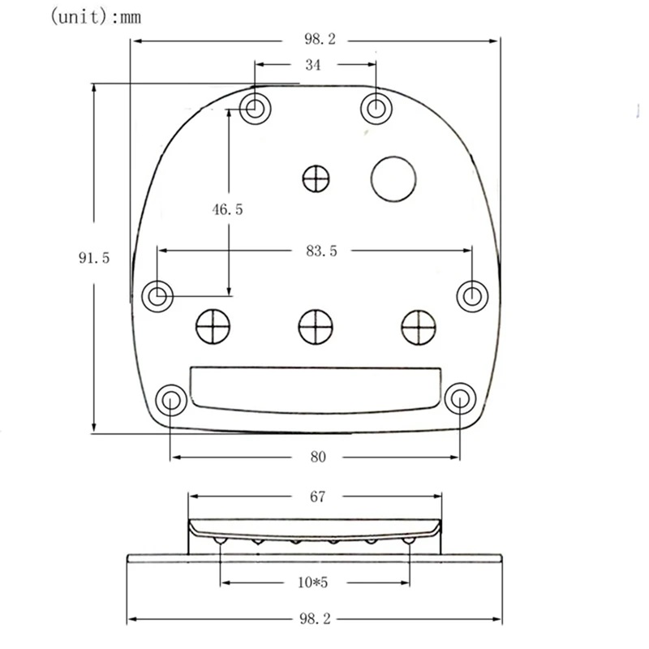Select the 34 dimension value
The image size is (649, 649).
[312, 65]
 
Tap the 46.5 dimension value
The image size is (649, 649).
[227, 209]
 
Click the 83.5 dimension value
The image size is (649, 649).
[321, 251]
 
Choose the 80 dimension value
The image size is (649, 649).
[317, 458]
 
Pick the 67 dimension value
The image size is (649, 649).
[316, 496]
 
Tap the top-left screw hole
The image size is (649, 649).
[256, 107]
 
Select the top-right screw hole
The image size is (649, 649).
[376, 107]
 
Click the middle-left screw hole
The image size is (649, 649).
[157, 295]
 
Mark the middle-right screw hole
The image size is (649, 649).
[472, 295]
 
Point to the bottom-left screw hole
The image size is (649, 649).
[170, 400]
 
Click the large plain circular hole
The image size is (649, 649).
[393, 178]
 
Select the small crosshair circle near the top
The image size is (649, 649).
[316, 178]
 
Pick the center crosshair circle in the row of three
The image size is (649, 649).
[316, 327]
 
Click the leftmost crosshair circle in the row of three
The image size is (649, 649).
[213, 327]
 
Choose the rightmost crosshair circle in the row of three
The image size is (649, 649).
[419, 327]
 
